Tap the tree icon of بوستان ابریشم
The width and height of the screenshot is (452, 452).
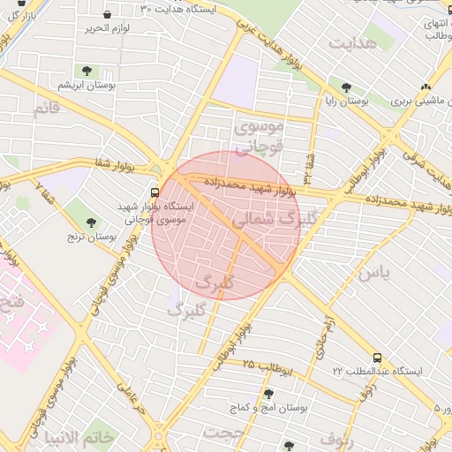(87, 71)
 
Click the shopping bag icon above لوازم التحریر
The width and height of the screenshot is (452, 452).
(108, 14)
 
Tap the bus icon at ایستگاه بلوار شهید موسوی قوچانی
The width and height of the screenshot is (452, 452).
(155, 191)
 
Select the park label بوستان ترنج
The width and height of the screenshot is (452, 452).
(93, 237)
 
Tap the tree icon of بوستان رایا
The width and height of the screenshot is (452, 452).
(346, 87)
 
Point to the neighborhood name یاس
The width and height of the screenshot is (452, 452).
(373, 273)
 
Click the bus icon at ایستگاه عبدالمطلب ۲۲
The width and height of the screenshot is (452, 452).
(378, 358)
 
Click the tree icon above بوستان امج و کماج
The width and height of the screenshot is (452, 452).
(268, 394)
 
